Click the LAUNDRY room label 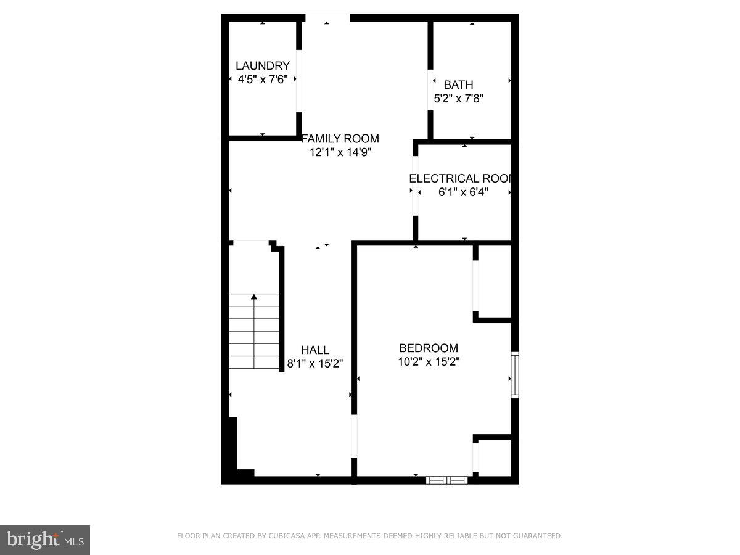263,66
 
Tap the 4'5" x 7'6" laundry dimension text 263,79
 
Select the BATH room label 459,85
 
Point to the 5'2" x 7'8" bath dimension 458,98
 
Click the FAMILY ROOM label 340,139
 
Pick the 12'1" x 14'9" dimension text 340,152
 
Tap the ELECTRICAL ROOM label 460,179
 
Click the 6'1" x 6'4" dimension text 463,192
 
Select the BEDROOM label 429,348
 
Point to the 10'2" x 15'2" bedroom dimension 429,361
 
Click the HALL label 314,350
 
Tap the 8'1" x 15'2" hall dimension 314,363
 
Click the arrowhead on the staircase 254,297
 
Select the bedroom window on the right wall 515,375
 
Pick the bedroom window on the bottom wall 447,479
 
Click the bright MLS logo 45,540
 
